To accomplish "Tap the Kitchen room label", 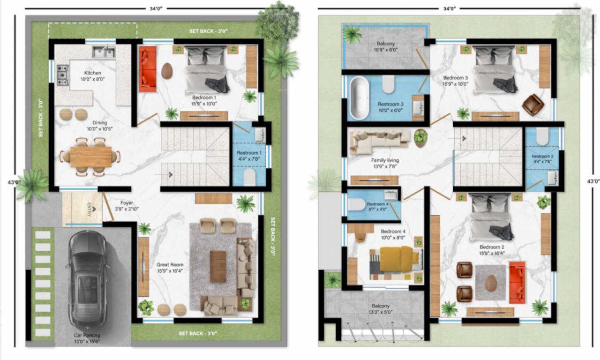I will [92, 73].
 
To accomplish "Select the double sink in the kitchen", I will [104, 52].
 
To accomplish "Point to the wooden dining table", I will [91, 157].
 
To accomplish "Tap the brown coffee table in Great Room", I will [217, 266].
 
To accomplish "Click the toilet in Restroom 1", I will [250, 177].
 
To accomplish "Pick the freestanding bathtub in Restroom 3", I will [359, 97].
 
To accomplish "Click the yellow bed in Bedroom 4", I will [396, 259].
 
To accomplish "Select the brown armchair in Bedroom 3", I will [532, 105].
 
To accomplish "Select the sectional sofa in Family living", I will [379, 141].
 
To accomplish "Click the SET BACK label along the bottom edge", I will [197, 333].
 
